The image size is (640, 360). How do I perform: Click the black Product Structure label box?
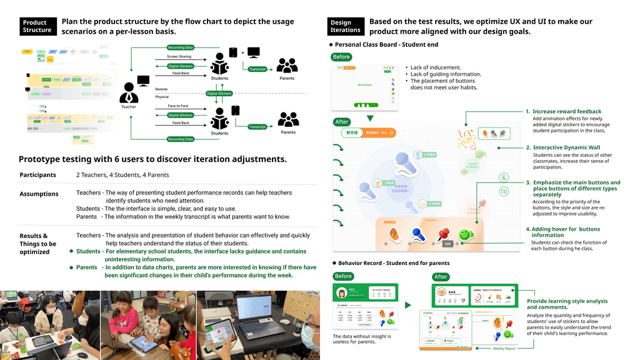tap(37, 26)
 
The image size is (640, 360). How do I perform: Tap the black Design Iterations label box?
tap(345, 26)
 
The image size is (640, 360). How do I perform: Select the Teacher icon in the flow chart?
tap(129, 93)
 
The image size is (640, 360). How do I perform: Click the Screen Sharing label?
tap(179, 57)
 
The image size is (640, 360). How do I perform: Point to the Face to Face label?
tap(178, 106)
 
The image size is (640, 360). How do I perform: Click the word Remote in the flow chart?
tap(161, 89)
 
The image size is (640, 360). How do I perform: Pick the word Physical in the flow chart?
tap(162, 97)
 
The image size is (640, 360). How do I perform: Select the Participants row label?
tap(37, 175)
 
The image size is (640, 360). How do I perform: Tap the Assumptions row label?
tap(39, 194)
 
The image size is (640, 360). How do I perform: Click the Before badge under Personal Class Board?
tap(342, 57)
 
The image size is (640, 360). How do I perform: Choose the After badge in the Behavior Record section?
tap(441, 276)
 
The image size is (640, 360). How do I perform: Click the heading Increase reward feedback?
tap(567, 111)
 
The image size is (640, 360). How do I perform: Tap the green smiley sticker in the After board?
tap(464, 234)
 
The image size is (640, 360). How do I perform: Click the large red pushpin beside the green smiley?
tap(444, 234)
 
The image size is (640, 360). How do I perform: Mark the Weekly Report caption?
tap(504, 349)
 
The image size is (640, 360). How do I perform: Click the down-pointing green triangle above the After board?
tap(370, 117)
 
